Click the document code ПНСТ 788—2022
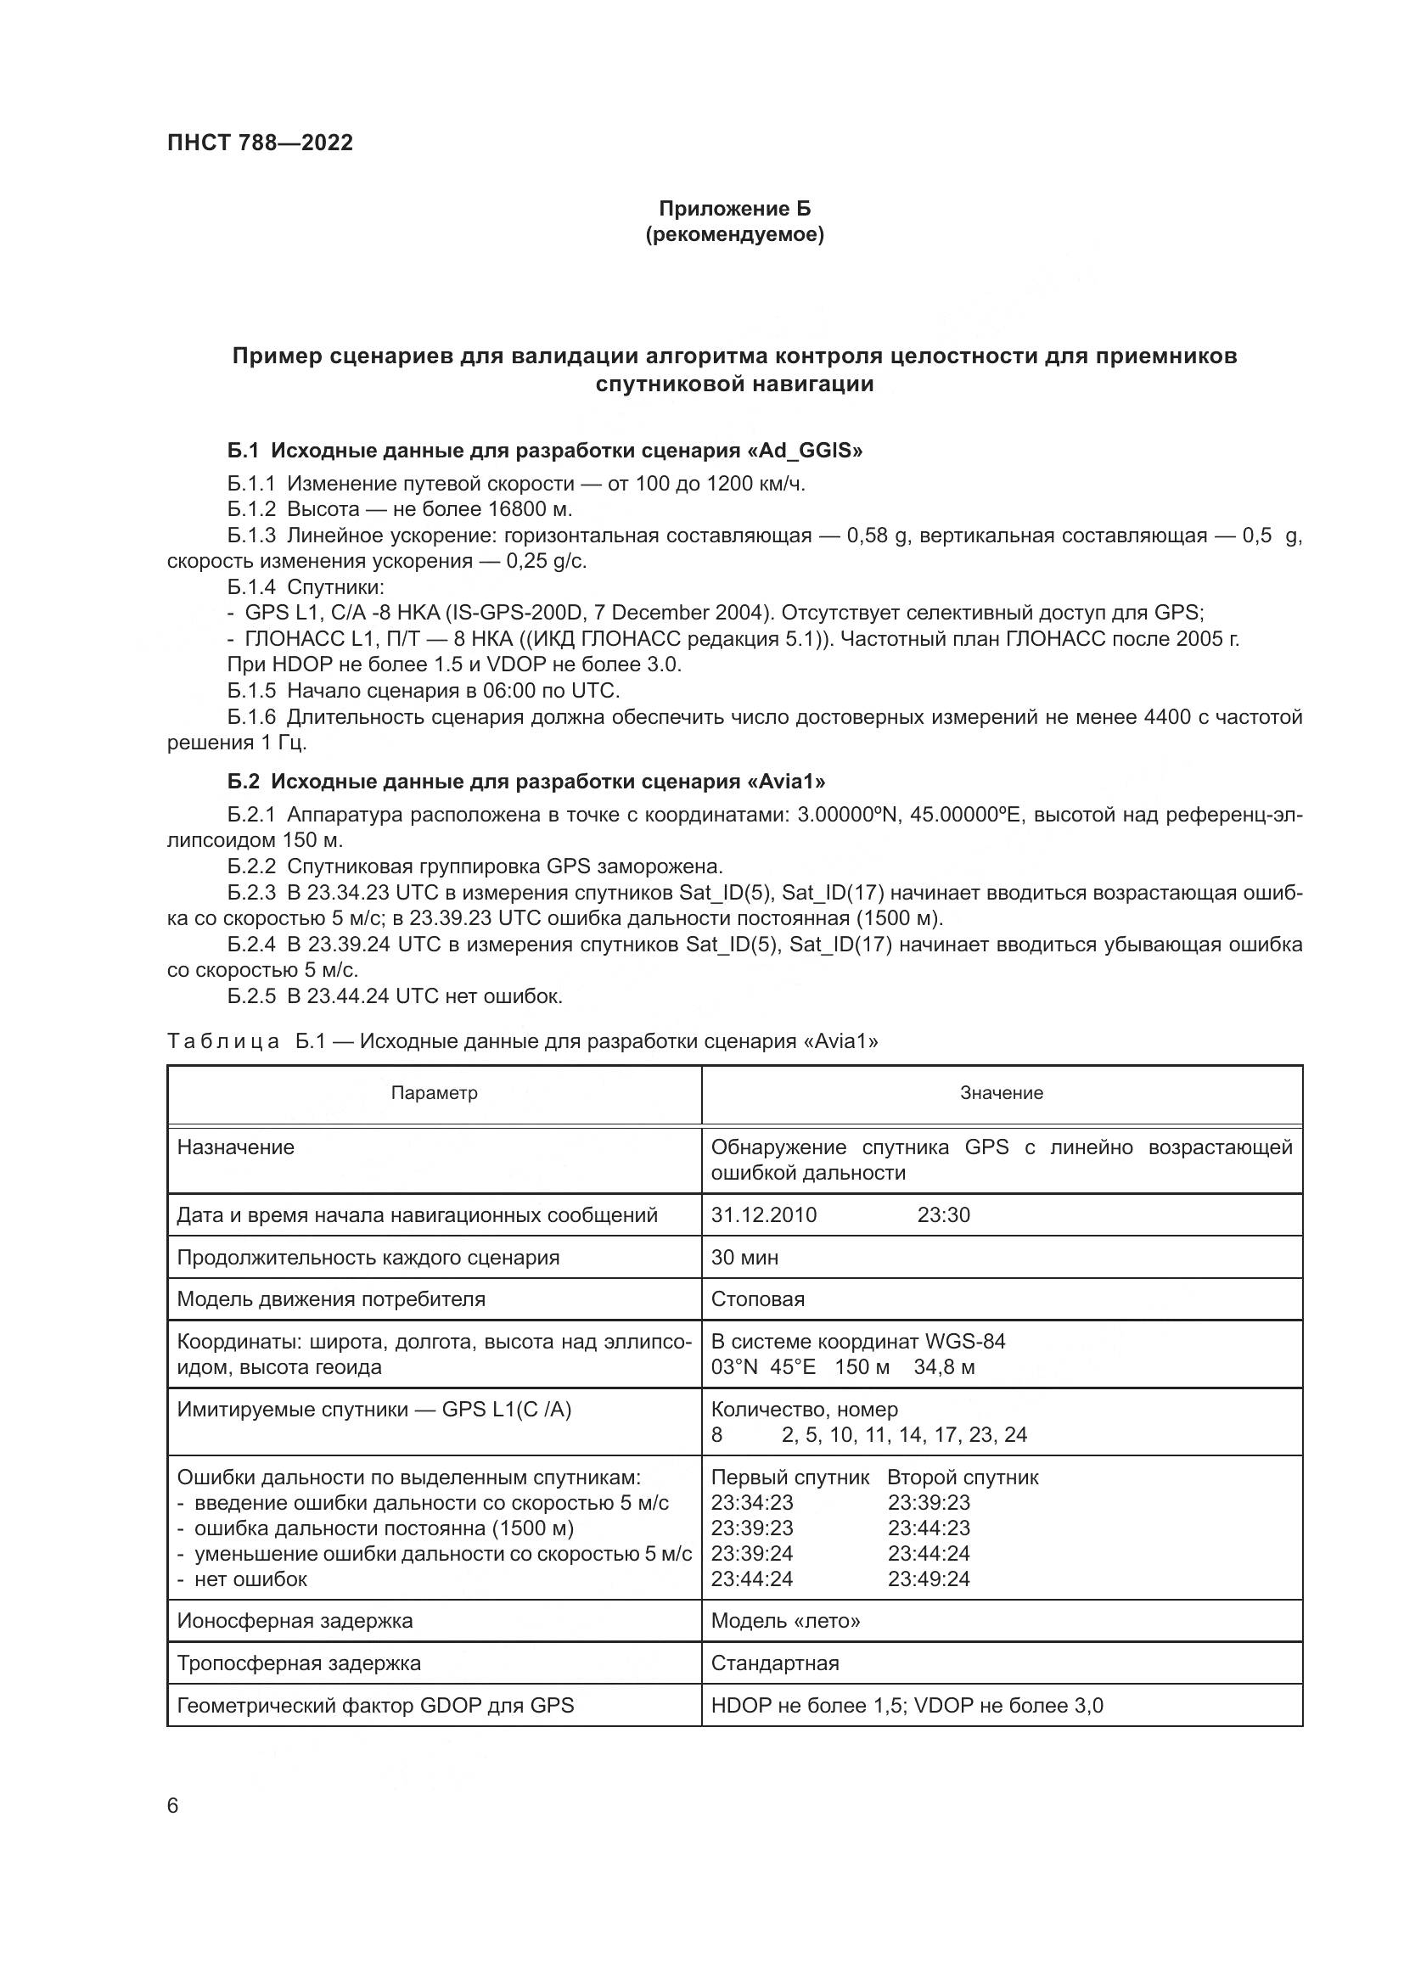pyautogui.click(x=261, y=143)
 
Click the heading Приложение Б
pyautogui.click(x=734, y=209)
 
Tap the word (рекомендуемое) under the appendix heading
pyautogui.click(x=734, y=234)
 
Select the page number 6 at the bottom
pyautogui.click(x=173, y=1805)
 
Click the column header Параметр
pyautogui.click(x=434, y=1093)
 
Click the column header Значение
pyautogui.click(x=1001, y=1093)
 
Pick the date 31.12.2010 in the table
pyautogui.click(x=763, y=1214)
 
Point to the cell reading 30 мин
pyautogui.click(x=744, y=1257)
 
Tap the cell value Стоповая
pyautogui.click(x=757, y=1299)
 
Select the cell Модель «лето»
pyautogui.click(x=785, y=1621)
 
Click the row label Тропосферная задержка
pyautogui.click(x=298, y=1663)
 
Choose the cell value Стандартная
pyautogui.click(x=775, y=1663)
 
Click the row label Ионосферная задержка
pyautogui.click(x=295, y=1621)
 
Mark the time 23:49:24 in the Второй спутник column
pyautogui.click(x=929, y=1578)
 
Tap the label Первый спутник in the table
pyautogui.click(x=789, y=1478)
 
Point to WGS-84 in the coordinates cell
pyautogui.click(x=965, y=1342)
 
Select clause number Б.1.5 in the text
pyautogui.click(x=251, y=691)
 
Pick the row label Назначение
pyautogui.click(x=235, y=1147)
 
